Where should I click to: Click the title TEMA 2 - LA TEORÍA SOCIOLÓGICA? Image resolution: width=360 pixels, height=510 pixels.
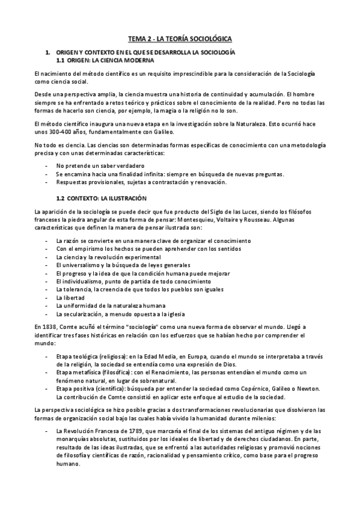180,38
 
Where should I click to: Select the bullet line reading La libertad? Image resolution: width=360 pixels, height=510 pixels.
70,298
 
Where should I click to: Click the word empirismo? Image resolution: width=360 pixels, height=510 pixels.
92,248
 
